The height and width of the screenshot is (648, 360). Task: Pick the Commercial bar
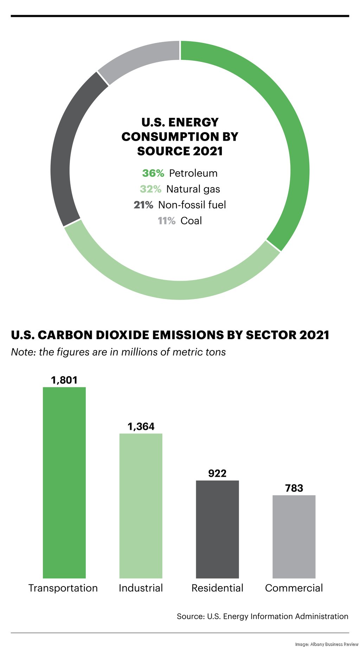294,536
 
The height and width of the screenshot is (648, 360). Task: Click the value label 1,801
64,380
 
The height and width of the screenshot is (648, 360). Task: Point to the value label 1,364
141,426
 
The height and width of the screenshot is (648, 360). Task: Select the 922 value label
217,473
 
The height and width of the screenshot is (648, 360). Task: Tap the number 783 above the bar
294,488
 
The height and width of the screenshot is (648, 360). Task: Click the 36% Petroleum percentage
153,173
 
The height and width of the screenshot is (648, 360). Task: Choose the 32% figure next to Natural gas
150,189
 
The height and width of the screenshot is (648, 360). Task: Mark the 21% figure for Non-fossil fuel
143,205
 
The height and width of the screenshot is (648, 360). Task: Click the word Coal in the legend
191,221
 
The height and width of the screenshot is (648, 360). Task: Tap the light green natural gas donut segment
176,290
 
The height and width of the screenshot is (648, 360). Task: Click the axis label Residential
217,588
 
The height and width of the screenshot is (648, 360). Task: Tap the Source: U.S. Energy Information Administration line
262,616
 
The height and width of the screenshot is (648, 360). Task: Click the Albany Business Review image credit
327,644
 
